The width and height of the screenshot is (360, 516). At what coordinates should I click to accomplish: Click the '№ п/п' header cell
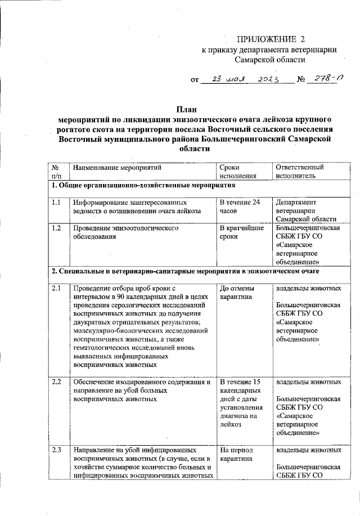tap(56, 172)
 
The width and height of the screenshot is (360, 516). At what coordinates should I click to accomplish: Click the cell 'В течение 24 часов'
tap(240, 207)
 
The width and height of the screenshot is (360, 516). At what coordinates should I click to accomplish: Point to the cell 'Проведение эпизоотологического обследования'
tap(124, 233)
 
